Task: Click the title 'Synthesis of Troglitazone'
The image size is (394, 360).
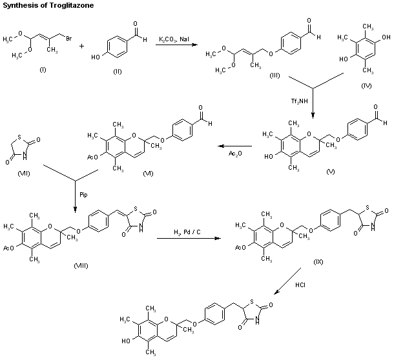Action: click(41, 6)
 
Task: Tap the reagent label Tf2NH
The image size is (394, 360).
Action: click(302, 101)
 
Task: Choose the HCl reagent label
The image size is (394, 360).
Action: click(300, 284)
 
